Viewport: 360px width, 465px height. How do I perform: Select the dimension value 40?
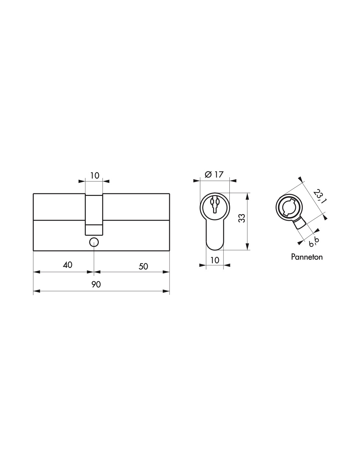(x=67, y=265)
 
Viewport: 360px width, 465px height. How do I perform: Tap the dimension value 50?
(x=143, y=266)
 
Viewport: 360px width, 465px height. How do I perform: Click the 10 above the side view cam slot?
(x=94, y=176)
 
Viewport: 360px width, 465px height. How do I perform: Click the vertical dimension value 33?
(x=242, y=218)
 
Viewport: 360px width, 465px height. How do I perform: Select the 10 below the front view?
(x=215, y=260)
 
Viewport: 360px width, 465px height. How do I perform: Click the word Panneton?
(x=307, y=257)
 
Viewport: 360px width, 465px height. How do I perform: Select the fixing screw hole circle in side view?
(x=94, y=242)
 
